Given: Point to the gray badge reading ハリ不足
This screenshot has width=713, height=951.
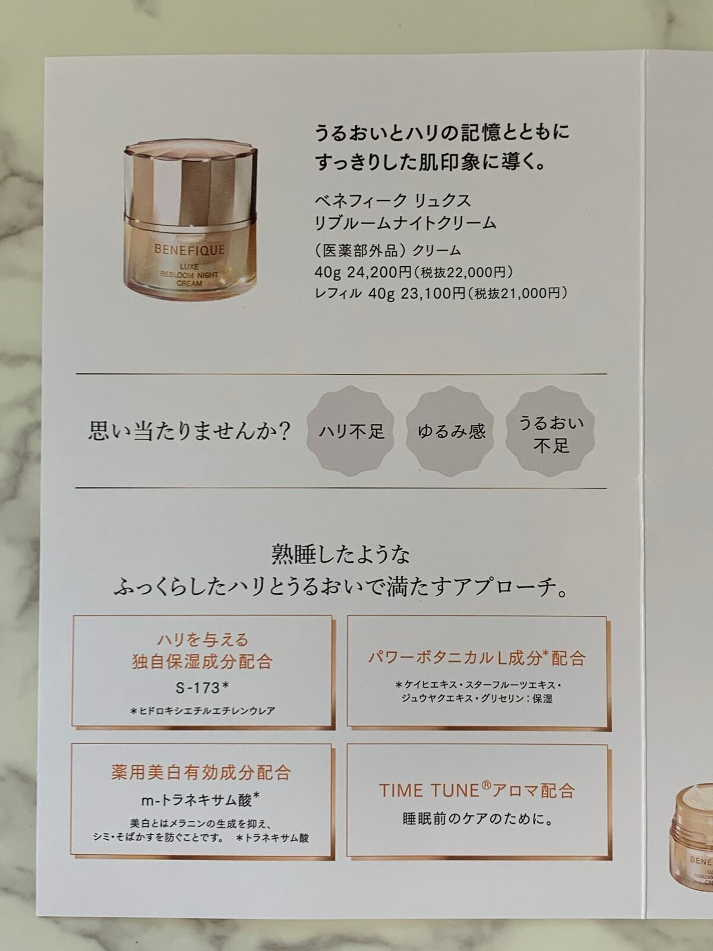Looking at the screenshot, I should pos(352,430).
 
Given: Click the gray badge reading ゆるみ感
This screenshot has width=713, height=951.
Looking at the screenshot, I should pos(451,430).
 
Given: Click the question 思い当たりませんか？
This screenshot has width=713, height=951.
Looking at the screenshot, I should pos(189,430).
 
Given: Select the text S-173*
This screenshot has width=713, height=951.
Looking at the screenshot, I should pos(202,688).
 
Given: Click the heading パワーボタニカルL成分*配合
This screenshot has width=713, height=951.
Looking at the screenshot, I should pos(477,658).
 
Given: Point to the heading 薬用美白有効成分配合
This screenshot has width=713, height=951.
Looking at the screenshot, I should pos(201,772).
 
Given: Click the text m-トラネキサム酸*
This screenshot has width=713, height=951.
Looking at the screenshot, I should pos(202,799).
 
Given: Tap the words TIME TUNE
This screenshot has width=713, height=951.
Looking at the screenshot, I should pos(429,791).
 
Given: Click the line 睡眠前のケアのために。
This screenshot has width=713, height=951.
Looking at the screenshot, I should pos(477,819).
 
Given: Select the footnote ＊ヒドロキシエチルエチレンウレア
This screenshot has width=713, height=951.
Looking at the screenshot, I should pos(202,711).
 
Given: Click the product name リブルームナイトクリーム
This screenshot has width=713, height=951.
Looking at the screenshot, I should pos(405,223).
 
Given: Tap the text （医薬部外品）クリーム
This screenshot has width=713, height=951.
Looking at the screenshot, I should pos(387,251).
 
